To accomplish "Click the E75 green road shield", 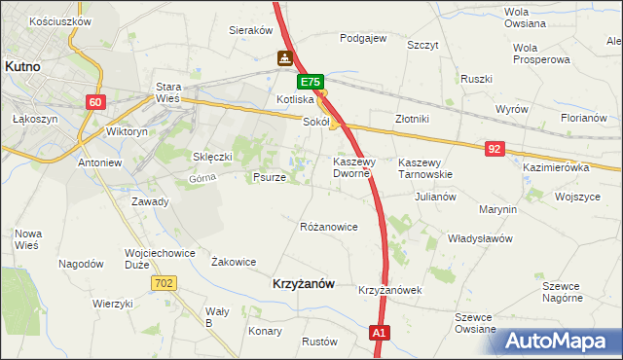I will coord(310,84).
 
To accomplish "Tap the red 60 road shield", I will coord(95,102).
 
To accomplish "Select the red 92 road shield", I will coord(495,148).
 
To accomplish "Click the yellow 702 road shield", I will coord(164,282).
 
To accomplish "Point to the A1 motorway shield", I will coord(381,334).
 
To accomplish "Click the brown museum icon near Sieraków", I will coord(284,57).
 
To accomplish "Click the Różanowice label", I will coord(329,227).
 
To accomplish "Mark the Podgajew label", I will coord(363,39).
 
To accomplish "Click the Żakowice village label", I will coord(234,262).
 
